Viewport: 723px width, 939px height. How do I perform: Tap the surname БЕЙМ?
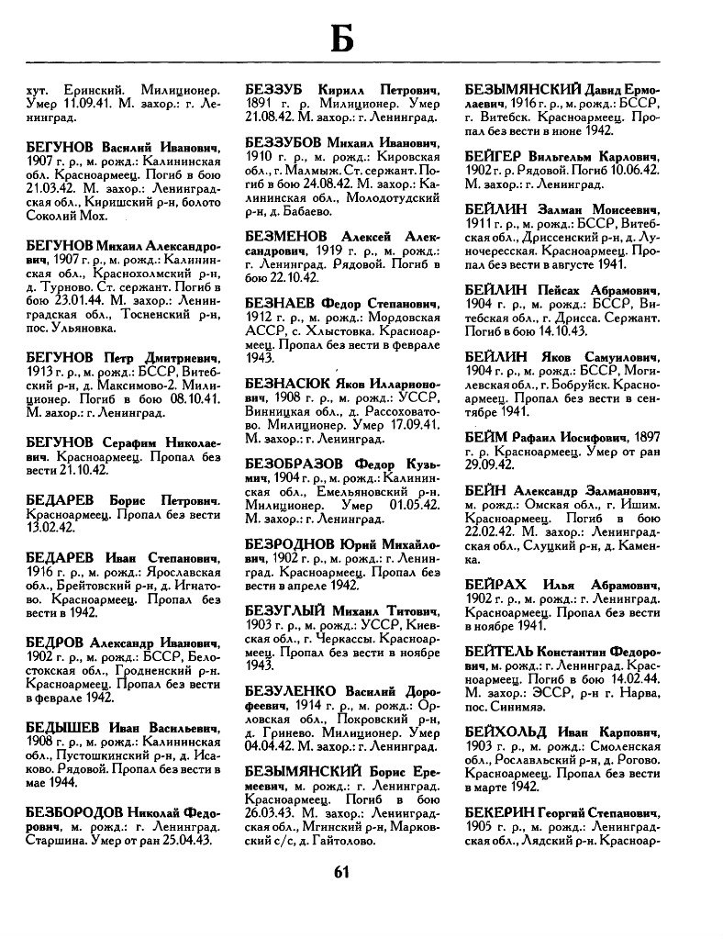[x=487, y=410]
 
